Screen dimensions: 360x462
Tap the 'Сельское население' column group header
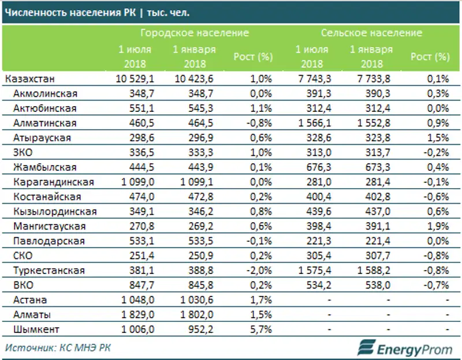click(x=371, y=33)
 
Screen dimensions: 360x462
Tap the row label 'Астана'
click(x=31, y=300)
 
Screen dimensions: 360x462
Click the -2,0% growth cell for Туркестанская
click(x=258, y=271)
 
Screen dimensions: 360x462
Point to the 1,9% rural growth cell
click(x=438, y=226)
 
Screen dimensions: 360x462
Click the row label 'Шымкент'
click(x=35, y=329)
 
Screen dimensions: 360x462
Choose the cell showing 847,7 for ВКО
click(x=140, y=285)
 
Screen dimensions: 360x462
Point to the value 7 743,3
click(x=311, y=78)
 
